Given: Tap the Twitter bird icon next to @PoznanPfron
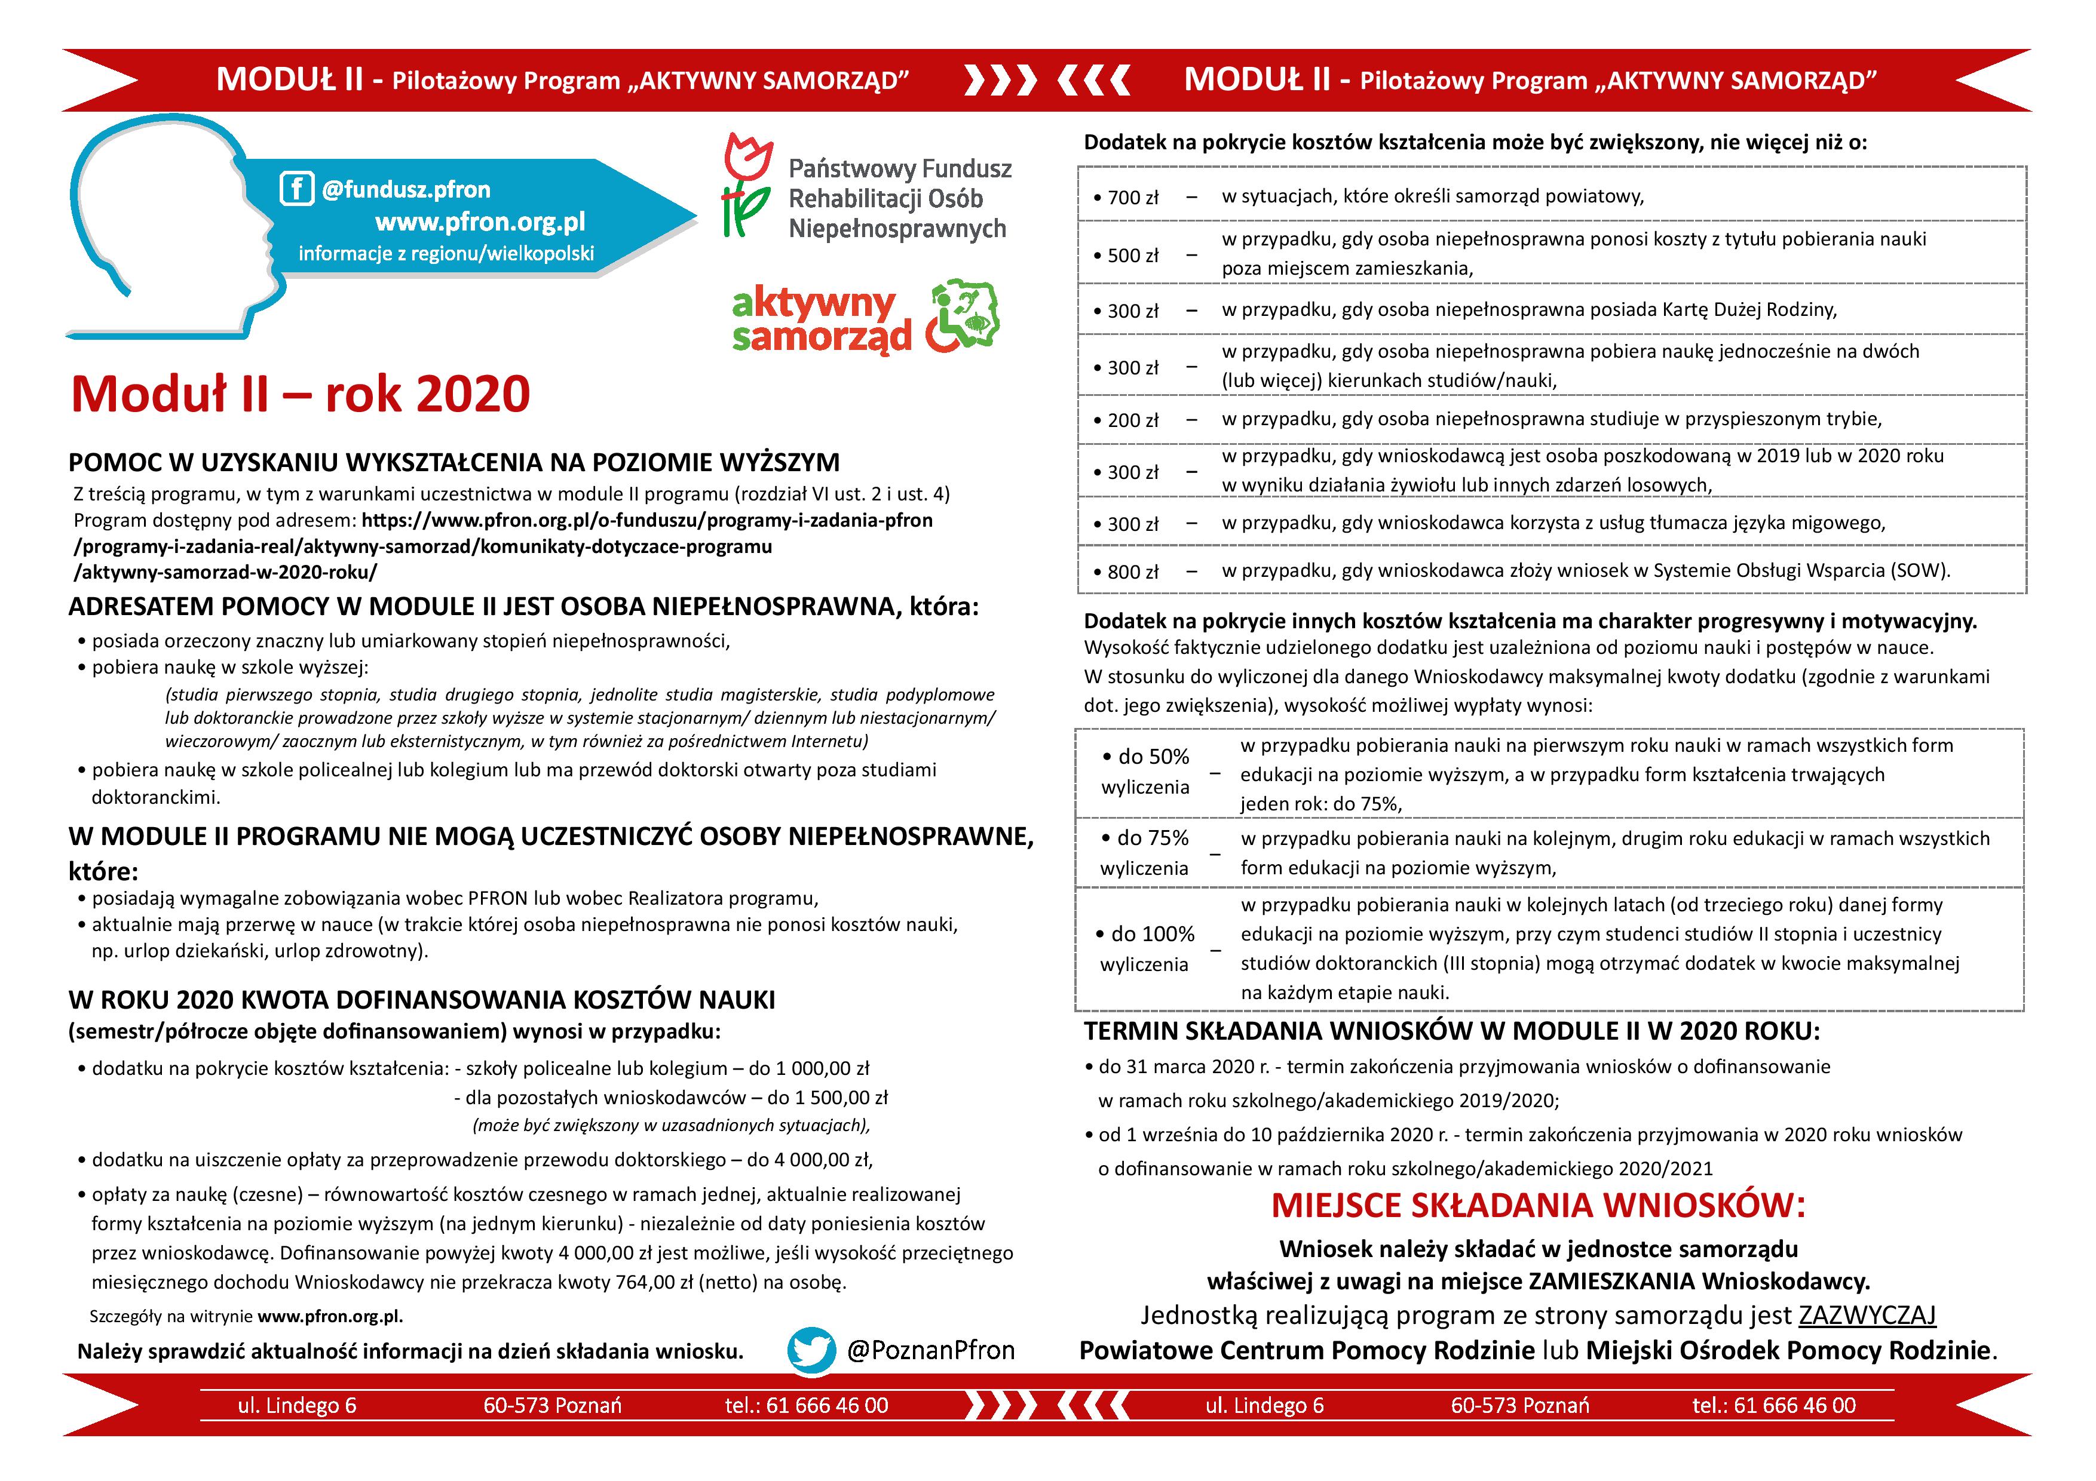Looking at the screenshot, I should coord(811,1350).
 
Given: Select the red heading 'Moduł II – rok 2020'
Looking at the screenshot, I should coord(301,394).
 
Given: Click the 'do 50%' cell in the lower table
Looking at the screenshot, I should coord(1145,771).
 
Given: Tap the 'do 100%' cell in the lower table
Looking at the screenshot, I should coord(1145,948).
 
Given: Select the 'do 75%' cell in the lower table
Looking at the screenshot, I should coord(1145,852).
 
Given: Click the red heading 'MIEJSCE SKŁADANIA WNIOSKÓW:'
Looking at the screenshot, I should coord(1538,1206).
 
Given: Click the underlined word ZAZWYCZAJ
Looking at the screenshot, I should coord(1867,1315).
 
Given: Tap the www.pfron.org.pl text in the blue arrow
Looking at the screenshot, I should coord(480,222).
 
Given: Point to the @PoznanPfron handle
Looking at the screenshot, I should coord(930,1350).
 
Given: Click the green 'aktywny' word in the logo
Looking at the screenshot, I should coord(813,304).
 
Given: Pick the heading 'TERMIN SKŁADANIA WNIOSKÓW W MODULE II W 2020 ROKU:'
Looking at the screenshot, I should coord(1451,1031).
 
